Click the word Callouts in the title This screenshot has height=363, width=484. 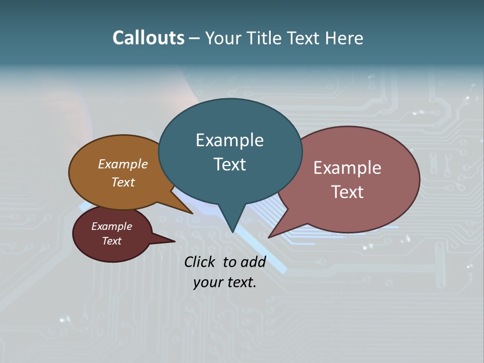click(x=148, y=38)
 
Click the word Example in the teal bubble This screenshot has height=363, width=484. click(x=229, y=140)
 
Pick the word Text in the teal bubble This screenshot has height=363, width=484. click(x=229, y=164)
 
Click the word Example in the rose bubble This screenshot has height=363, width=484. click(x=347, y=168)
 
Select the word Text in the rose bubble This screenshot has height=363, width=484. click(x=347, y=192)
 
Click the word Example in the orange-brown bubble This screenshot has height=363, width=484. click(x=123, y=164)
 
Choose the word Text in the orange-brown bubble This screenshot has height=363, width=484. click(x=123, y=182)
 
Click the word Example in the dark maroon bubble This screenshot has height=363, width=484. click(x=111, y=226)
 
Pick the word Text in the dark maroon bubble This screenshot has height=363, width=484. click(x=111, y=241)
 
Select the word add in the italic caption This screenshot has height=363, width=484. click(x=253, y=262)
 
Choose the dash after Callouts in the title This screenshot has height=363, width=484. click(x=195, y=38)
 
